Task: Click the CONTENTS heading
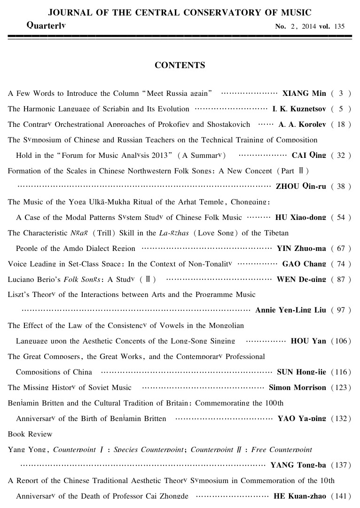pyautogui.click(x=180, y=65)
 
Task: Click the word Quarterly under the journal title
pyautogui.click(x=46, y=24)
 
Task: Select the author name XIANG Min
pyautogui.click(x=304, y=93)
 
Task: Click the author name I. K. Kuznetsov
pyautogui.click(x=299, y=109)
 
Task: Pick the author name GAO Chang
pyautogui.click(x=304, y=264)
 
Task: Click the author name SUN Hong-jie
pyautogui.click(x=301, y=372)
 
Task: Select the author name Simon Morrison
pyautogui.click(x=297, y=388)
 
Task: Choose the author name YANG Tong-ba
pyautogui.click(x=298, y=465)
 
